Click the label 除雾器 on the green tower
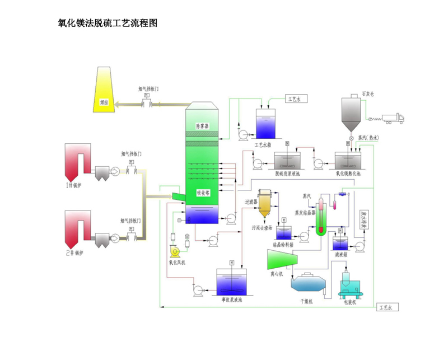pos(202,126)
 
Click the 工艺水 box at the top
pos(295,99)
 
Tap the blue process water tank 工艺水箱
pos(265,124)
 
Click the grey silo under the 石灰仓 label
pos(352,115)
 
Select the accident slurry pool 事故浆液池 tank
pos(232,282)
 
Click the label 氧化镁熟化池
pos(348,174)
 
